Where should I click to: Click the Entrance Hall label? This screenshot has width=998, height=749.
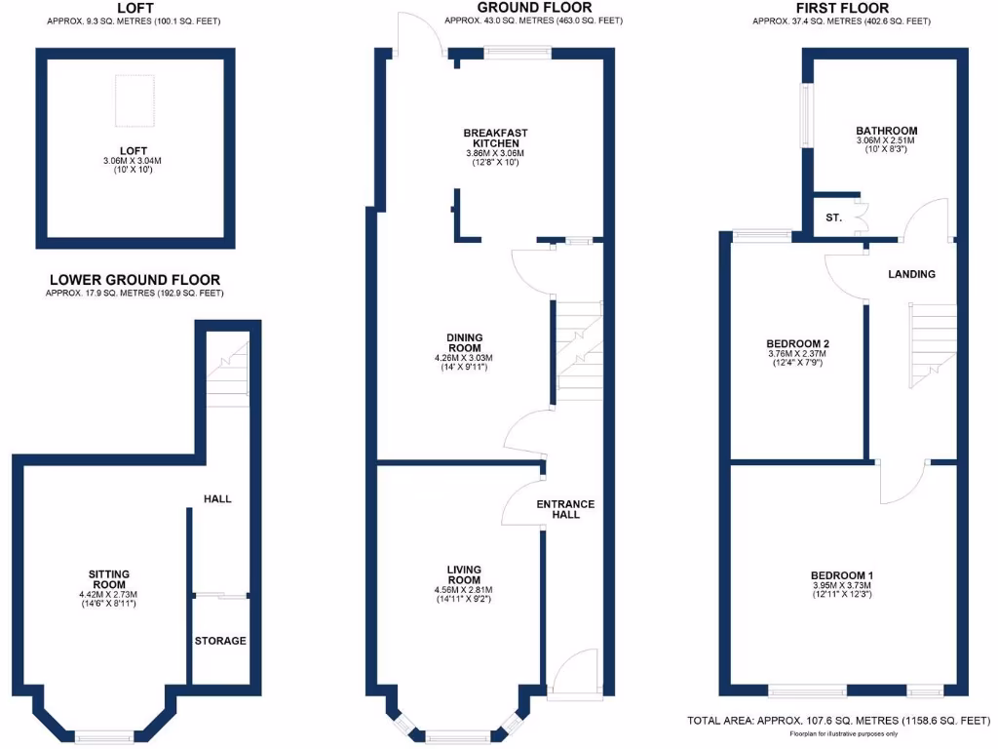click(565, 509)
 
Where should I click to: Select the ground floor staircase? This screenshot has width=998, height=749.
click(576, 345)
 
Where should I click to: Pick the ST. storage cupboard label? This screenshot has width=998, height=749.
click(833, 217)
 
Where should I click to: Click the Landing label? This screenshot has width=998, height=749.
click(911, 274)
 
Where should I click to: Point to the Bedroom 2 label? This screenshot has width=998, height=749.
click(797, 344)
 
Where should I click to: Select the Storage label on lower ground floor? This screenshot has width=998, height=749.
click(219, 641)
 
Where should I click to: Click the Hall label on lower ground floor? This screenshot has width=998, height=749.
click(217, 498)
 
